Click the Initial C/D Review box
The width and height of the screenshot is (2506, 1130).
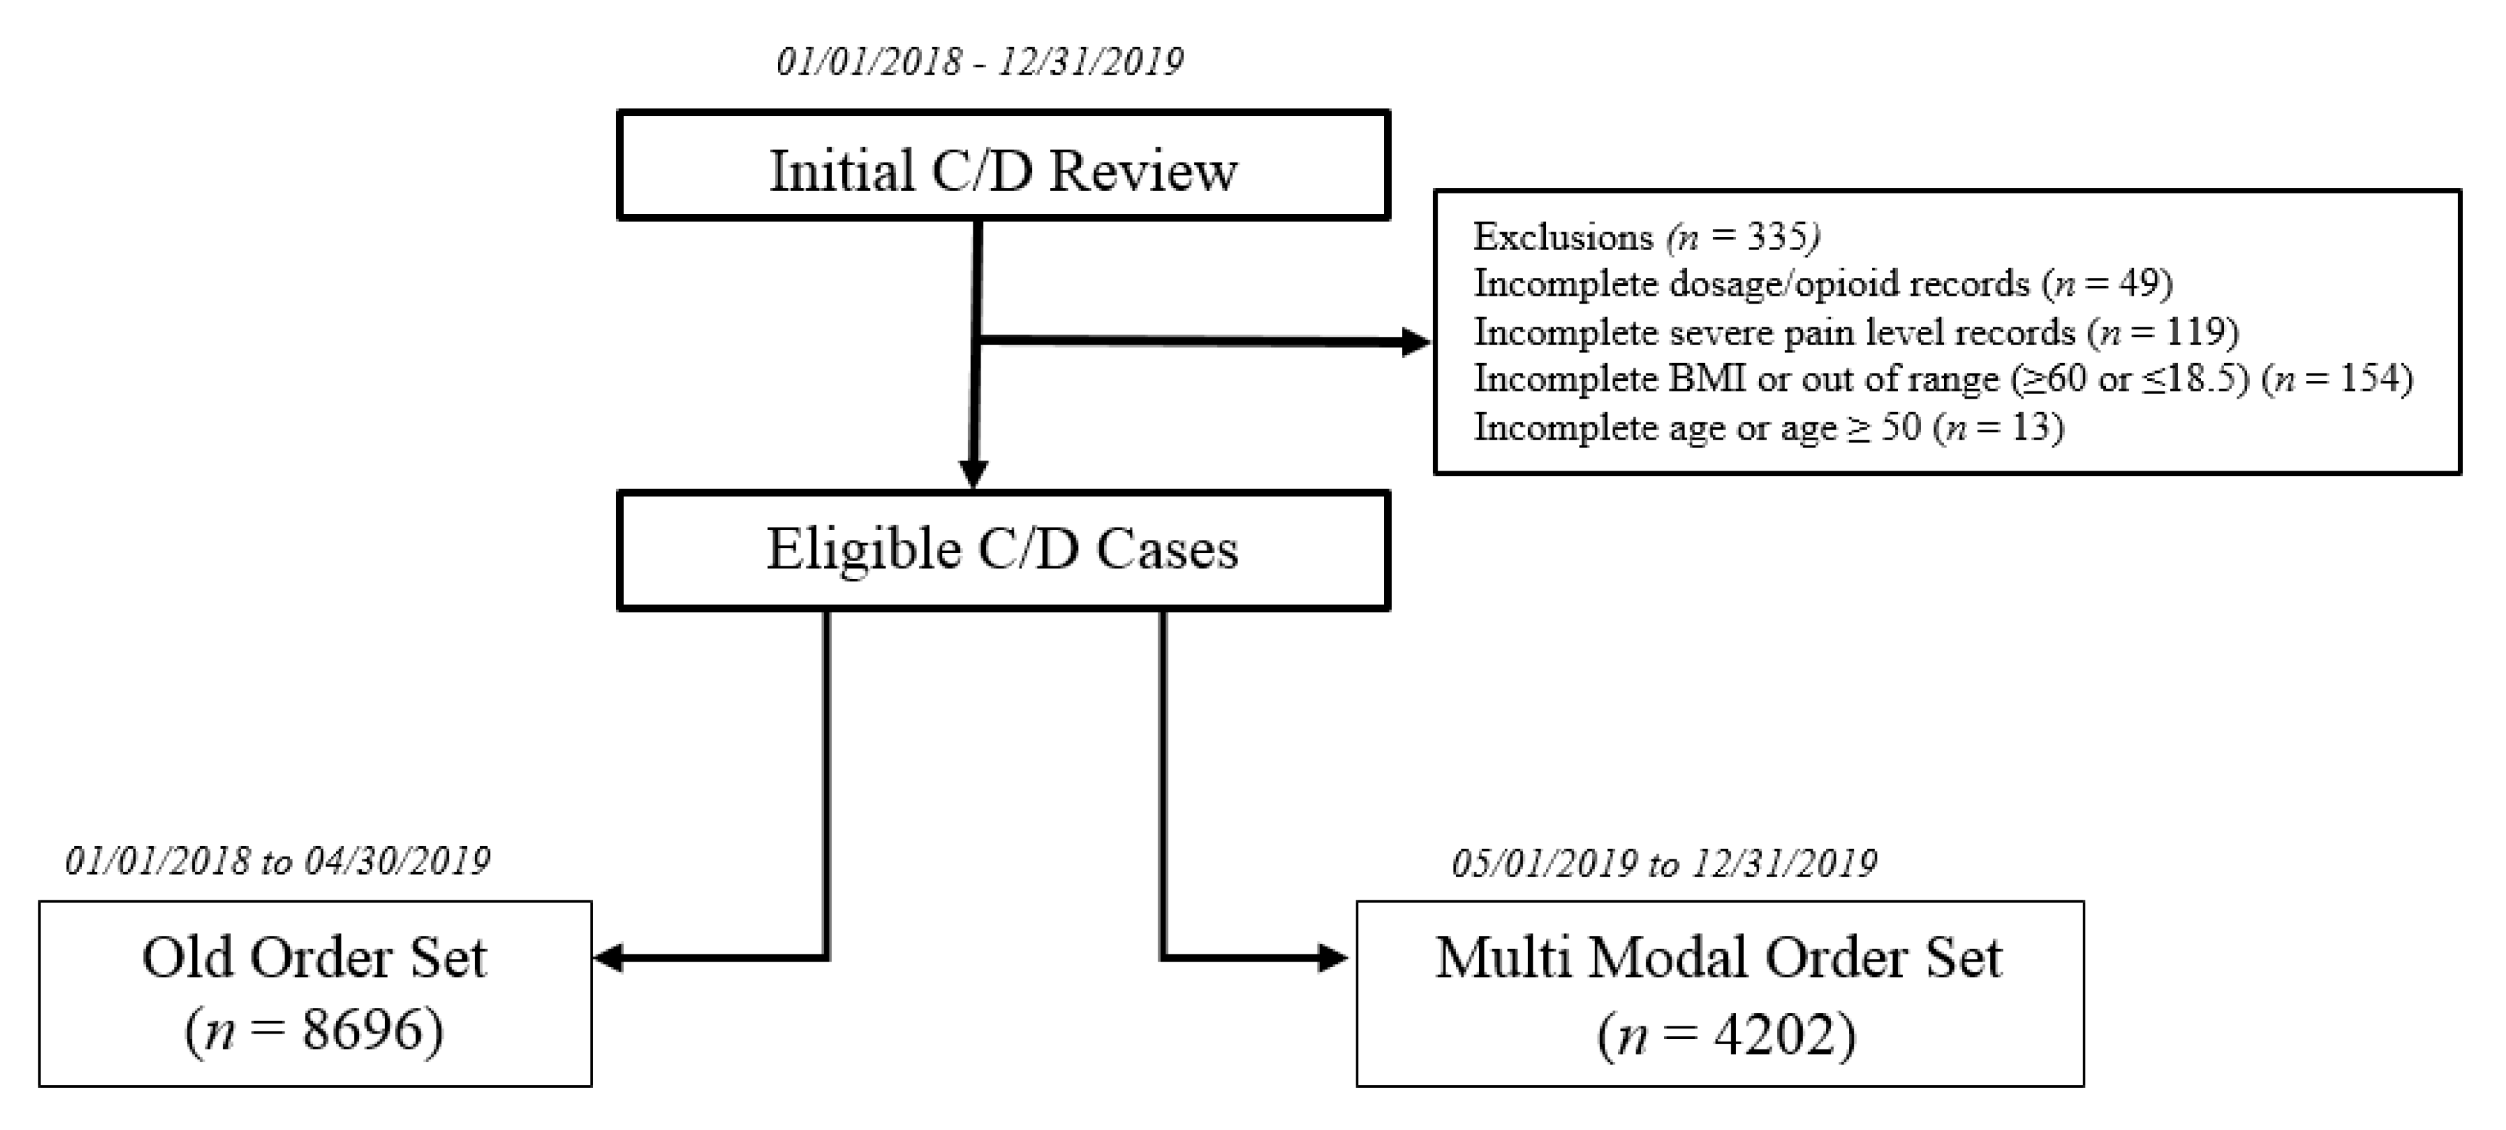click(1003, 165)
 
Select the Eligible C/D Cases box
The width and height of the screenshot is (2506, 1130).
click(1003, 550)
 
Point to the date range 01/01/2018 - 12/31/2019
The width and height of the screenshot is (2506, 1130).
click(980, 62)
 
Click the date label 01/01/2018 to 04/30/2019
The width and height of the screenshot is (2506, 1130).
click(277, 861)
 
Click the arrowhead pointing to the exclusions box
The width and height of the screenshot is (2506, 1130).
click(1416, 343)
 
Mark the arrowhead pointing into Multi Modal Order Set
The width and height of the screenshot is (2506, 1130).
click(1333, 959)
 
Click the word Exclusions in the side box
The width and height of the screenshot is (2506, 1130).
click(1562, 237)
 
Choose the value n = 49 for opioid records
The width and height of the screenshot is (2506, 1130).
click(2107, 284)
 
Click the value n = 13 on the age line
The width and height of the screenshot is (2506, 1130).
click(1998, 428)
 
